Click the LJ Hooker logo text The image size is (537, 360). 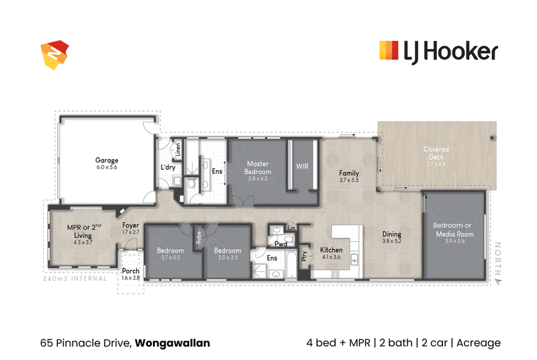[x=450, y=52]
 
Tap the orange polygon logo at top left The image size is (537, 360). [x=55, y=55]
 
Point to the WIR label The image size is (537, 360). [x=302, y=167]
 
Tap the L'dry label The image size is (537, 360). [x=168, y=167]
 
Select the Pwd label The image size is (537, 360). [x=281, y=244]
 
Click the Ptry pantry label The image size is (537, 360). [x=304, y=256]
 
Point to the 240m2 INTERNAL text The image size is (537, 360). [x=75, y=279]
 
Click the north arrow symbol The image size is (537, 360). [x=499, y=282]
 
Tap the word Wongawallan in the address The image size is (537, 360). [x=173, y=343]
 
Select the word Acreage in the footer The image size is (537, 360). [x=479, y=343]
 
